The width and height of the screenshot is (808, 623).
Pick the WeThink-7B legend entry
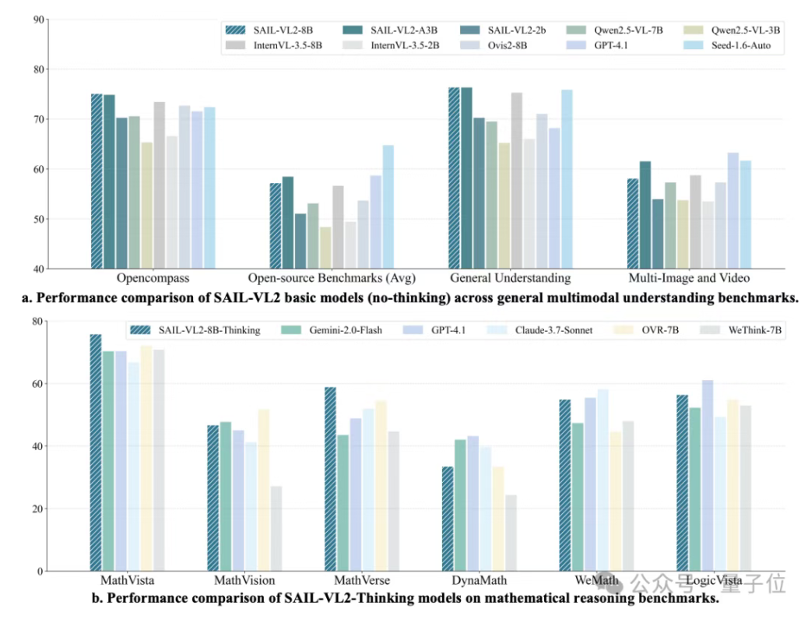coord(754,330)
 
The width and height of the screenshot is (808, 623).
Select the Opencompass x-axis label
coord(153,279)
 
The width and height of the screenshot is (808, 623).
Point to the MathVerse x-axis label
coord(362,581)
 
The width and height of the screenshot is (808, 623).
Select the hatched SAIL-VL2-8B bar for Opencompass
coord(97,181)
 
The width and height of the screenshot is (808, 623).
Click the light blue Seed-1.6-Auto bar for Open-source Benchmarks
coord(388,207)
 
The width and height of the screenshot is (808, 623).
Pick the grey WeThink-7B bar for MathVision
coord(276,529)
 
